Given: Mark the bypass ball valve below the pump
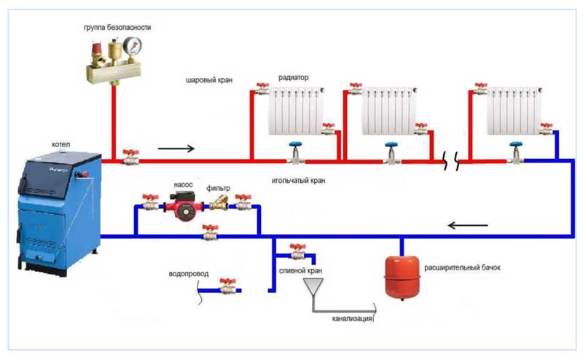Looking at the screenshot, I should click(x=209, y=232).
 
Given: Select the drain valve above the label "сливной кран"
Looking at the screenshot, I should click(x=297, y=252).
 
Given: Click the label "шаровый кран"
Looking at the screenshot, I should click(x=209, y=80).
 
